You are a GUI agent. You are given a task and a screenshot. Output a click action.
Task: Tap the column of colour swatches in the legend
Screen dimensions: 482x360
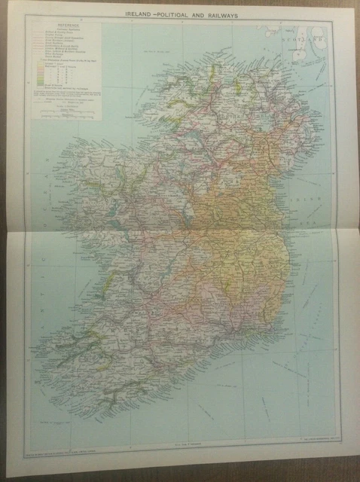[x=53, y=90]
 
